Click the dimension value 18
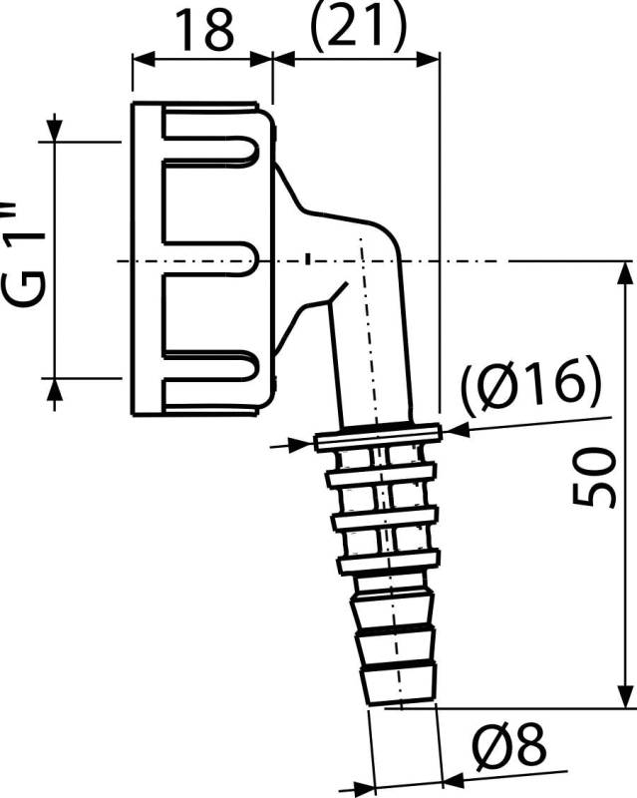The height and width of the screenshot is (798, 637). (205, 30)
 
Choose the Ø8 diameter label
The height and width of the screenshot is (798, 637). (508, 744)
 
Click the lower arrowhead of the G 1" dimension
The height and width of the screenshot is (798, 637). (55, 390)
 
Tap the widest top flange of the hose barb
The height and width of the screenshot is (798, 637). (377, 435)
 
